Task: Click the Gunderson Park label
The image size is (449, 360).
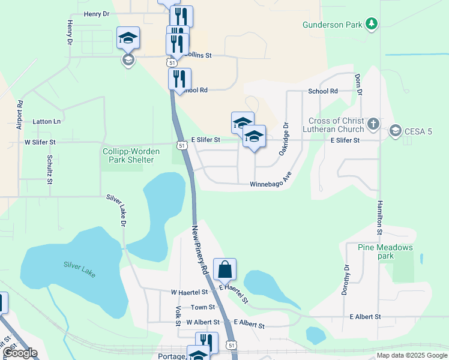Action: tap(333, 24)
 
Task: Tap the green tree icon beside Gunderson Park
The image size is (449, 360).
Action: tap(372, 23)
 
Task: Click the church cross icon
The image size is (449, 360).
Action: tap(373, 124)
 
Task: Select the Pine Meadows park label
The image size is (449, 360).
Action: tap(385, 251)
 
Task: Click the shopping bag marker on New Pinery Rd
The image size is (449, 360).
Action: tap(224, 269)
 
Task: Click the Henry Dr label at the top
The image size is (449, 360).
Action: tap(97, 13)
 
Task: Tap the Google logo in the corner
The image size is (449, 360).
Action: tap(20, 353)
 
